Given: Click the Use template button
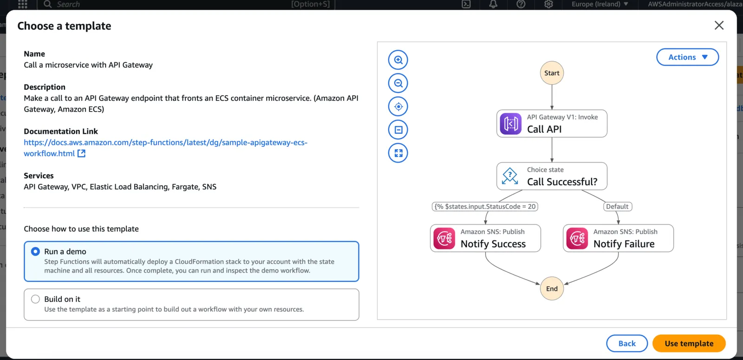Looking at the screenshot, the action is tap(689, 343).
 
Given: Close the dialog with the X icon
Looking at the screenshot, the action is tap(719, 25).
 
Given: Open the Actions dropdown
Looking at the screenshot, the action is tap(688, 57).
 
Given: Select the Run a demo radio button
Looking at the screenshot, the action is tap(35, 251).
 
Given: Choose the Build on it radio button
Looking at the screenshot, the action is tap(35, 299).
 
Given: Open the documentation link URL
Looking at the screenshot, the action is tap(165, 148).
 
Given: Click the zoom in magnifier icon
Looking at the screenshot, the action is tap(398, 60).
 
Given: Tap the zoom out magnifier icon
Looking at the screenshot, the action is tap(398, 83).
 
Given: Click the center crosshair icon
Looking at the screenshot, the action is tap(398, 106).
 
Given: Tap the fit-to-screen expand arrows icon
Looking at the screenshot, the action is tap(398, 153).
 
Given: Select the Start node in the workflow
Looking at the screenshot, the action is tap(552, 73).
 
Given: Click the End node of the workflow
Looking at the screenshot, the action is tap(552, 288).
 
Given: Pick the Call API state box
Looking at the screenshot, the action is tap(552, 124).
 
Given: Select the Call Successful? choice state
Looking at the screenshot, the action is tap(552, 176).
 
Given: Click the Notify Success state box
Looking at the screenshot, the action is tap(486, 238).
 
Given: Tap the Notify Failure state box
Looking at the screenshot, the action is tap(618, 238).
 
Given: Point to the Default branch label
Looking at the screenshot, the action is tap(617, 206).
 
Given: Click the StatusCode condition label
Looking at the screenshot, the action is tap(485, 206).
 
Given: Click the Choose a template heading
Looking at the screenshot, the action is tap(65, 26).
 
